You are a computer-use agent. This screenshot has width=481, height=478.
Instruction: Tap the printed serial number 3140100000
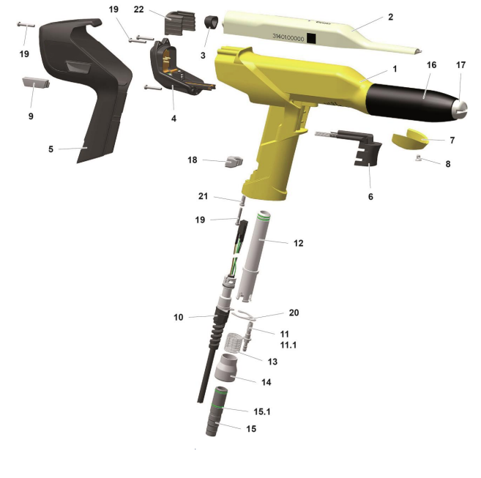287,36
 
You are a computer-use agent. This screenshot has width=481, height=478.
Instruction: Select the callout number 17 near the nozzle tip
461,65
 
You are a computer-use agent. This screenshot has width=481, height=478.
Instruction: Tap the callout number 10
178,317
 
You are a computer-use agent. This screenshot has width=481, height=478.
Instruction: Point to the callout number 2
390,15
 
